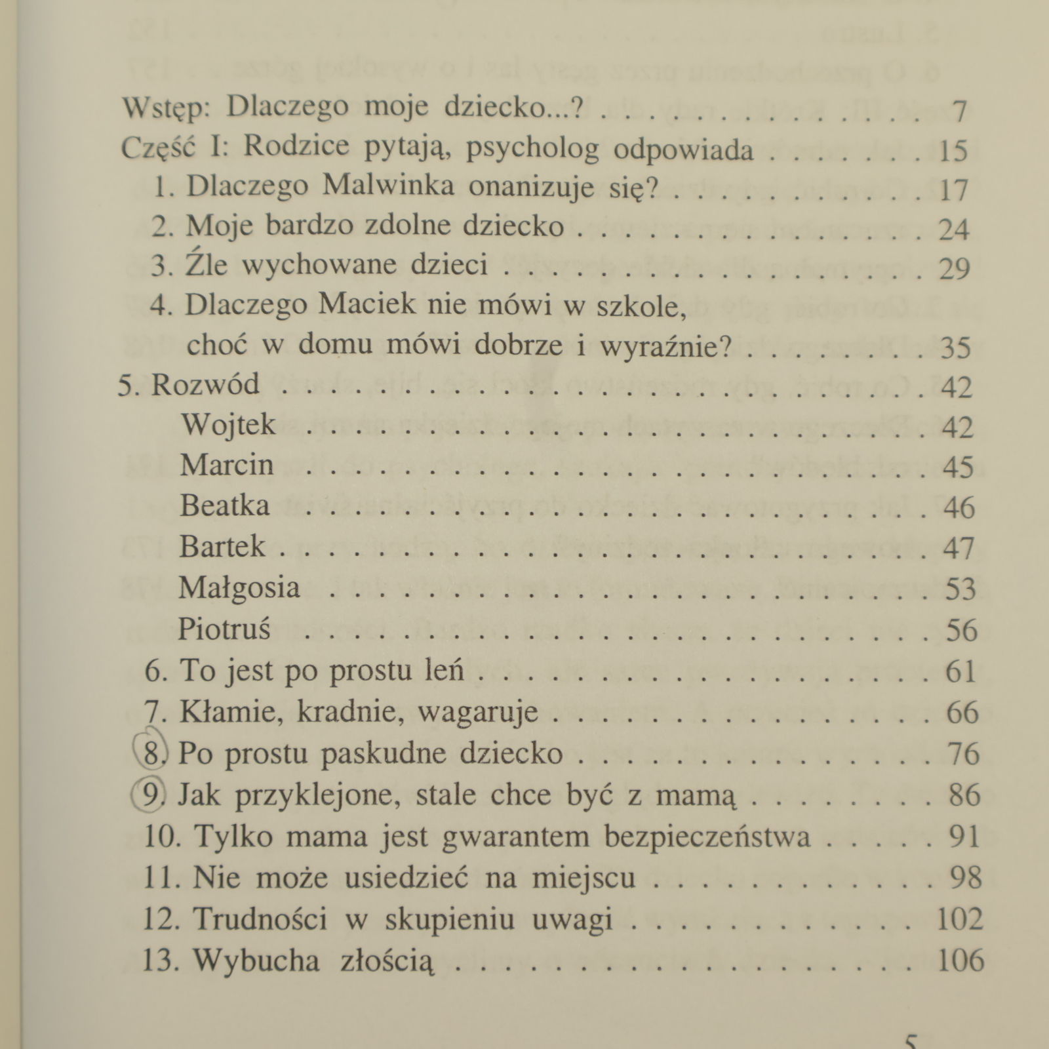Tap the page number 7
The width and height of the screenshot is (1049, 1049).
tap(959, 112)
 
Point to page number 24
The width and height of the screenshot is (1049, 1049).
tap(953, 229)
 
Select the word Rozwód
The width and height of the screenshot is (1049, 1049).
tap(205, 384)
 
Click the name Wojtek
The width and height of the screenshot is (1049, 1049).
tap(228, 425)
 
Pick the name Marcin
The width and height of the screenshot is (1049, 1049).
tap(227, 465)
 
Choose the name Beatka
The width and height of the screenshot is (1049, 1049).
tap(225, 505)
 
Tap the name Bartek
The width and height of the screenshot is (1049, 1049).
tap(223, 546)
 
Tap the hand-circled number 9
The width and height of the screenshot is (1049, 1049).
tap(151, 794)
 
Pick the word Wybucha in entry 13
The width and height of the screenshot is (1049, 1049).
tap(256, 960)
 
